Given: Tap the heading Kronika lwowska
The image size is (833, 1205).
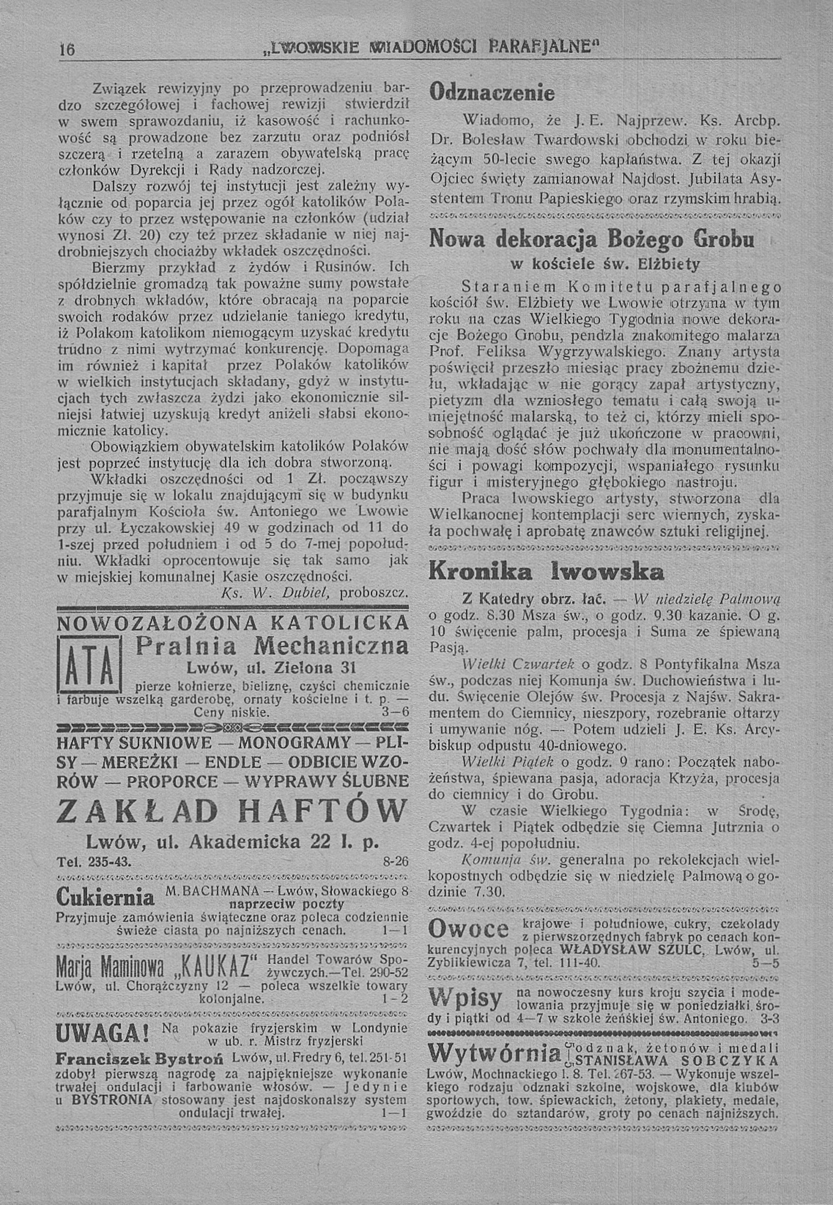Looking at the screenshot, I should point(546,572).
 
